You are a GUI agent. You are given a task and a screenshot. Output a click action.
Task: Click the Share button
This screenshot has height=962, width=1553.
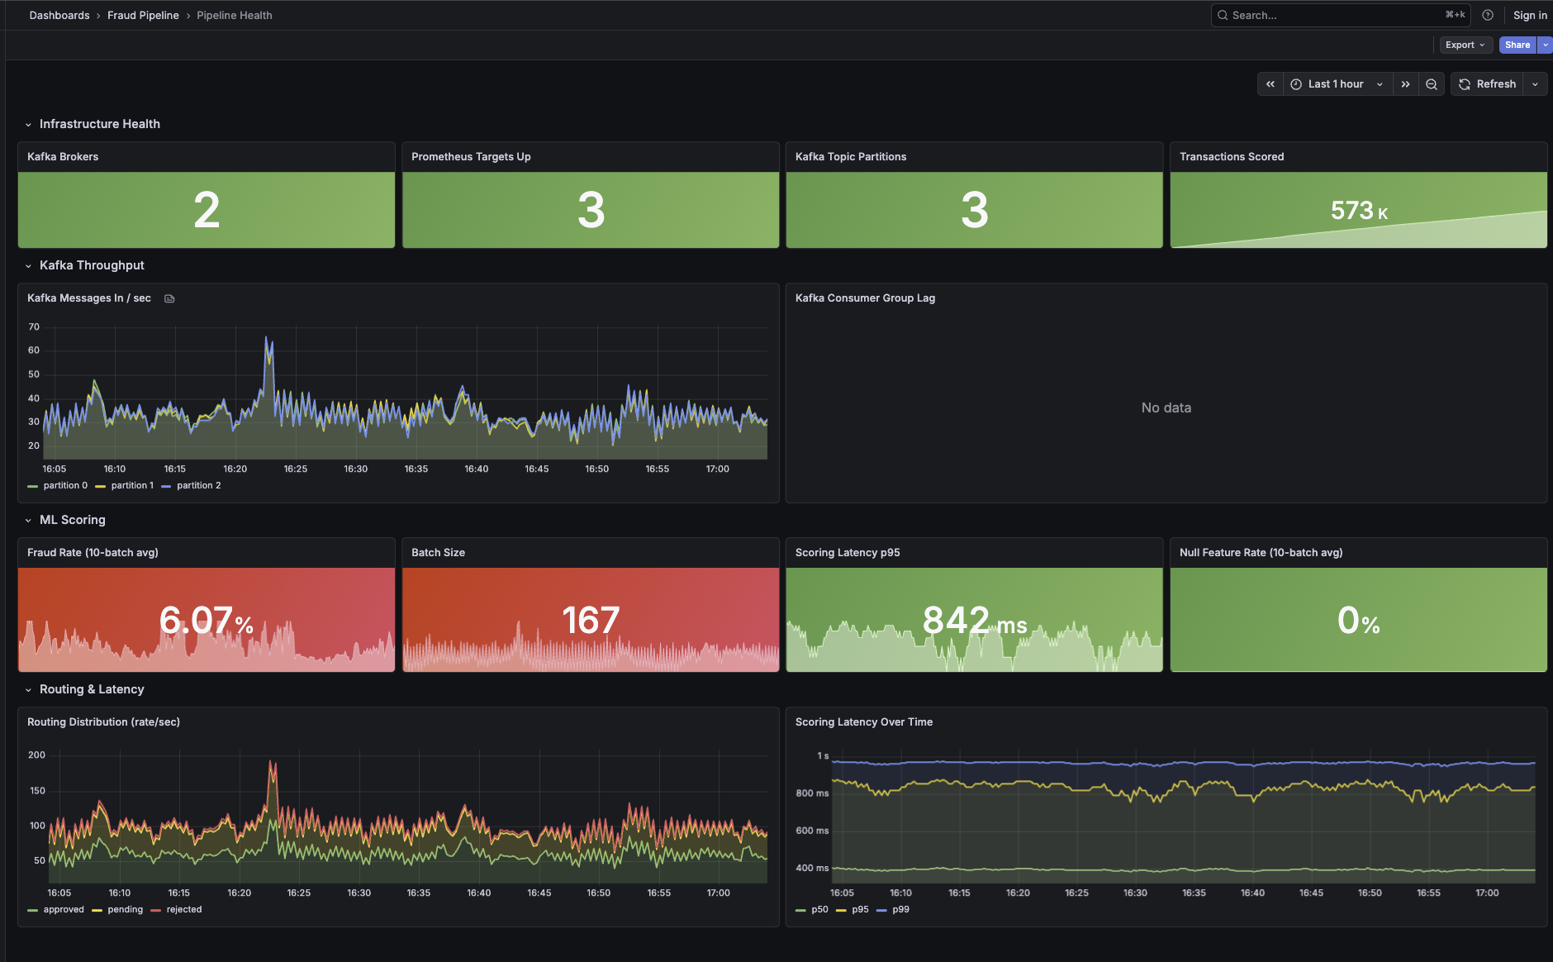(1517, 45)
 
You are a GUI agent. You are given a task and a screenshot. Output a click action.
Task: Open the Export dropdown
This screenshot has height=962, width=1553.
(1465, 45)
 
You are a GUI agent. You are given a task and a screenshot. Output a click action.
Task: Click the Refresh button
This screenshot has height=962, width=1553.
(1488, 84)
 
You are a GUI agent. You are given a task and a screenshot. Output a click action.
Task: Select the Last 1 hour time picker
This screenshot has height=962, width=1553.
(1336, 84)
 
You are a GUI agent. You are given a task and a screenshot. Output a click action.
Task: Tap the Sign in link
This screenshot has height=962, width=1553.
(1530, 15)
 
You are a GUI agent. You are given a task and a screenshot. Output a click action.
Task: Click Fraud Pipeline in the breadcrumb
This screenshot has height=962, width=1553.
(143, 15)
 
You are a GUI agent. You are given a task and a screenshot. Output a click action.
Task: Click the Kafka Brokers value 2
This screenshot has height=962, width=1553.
(207, 210)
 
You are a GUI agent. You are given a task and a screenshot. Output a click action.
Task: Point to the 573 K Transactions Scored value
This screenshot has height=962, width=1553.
(1358, 211)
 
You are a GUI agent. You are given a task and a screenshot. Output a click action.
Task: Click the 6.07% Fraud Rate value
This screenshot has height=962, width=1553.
(207, 620)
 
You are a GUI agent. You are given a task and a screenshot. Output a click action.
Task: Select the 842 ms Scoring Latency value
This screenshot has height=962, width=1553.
(974, 620)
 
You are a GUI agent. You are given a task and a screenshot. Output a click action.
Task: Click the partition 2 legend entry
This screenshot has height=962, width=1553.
(198, 486)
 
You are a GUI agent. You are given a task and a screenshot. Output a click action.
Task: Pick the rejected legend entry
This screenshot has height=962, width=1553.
(183, 910)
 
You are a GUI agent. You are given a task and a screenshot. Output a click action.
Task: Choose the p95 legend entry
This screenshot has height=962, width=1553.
(860, 910)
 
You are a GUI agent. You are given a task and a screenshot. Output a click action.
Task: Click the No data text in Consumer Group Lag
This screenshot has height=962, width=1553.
(1166, 407)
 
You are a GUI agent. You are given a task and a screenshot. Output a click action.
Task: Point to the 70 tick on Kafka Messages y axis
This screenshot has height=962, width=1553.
(34, 327)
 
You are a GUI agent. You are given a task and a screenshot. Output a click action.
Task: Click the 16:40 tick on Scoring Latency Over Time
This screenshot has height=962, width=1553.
(1252, 893)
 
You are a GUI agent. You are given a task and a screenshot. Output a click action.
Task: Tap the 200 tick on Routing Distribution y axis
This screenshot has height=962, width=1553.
(36, 755)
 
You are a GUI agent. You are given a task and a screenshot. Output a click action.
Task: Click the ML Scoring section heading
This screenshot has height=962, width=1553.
(73, 520)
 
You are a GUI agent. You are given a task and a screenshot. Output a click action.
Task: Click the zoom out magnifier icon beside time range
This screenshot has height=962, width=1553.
(1432, 84)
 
